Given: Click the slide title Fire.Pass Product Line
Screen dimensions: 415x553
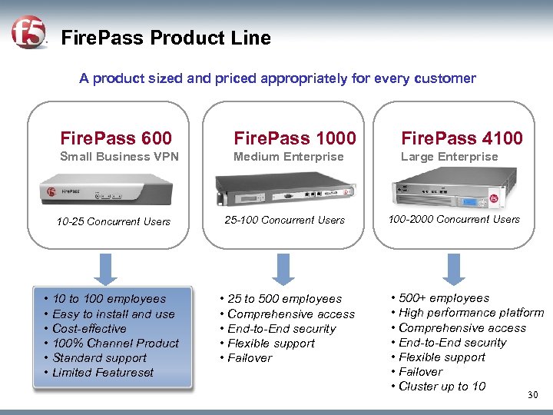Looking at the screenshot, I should pyautogui.click(x=165, y=38).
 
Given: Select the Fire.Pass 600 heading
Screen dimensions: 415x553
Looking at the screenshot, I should pyautogui.click(x=116, y=138).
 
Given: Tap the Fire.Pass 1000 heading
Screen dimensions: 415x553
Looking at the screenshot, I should pyautogui.click(x=295, y=138).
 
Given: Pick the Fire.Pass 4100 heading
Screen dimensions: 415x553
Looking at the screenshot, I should pyautogui.click(x=462, y=138).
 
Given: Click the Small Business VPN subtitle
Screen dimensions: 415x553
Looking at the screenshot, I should pyautogui.click(x=119, y=157).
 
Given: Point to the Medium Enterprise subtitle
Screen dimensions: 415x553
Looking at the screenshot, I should pyautogui.click(x=289, y=157).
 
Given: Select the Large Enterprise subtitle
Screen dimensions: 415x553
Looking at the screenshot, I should pyautogui.click(x=449, y=157).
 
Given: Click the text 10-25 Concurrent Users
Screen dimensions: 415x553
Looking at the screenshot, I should pyautogui.click(x=114, y=222).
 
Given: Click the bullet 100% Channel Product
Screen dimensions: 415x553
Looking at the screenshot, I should pyautogui.click(x=115, y=344).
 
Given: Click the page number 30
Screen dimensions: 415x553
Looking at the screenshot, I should pyautogui.click(x=534, y=395).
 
